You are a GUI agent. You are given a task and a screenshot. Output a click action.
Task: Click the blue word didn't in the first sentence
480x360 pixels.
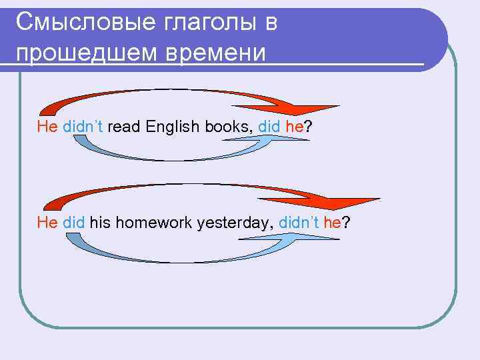83,127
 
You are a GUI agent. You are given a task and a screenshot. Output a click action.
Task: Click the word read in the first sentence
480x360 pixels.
123,127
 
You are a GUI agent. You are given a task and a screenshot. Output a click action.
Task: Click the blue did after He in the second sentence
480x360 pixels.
74,222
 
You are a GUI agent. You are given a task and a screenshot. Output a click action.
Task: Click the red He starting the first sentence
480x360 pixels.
48,127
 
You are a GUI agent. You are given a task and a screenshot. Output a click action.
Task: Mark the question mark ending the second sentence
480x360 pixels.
345,222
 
